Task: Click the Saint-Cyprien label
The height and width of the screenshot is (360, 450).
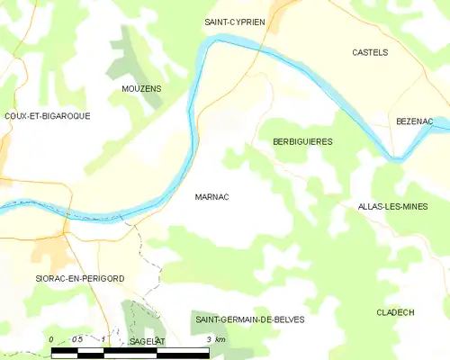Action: pyautogui.click(x=234, y=21)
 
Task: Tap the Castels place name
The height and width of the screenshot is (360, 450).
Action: pyautogui.click(x=370, y=52)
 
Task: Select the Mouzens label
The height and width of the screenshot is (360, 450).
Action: pyautogui.click(x=141, y=89)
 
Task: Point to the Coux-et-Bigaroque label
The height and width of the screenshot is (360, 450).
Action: pyautogui.click(x=47, y=116)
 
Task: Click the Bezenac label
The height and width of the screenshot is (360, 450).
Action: pyautogui.click(x=414, y=120)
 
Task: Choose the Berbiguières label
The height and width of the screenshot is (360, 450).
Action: pyautogui.click(x=302, y=141)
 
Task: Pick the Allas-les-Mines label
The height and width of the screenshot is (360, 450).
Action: pyautogui.click(x=391, y=207)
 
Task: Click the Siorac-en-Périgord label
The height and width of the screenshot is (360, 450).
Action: pyautogui.click(x=79, y=279)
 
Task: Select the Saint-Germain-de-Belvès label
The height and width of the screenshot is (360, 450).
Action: pyautogui.click(x=250, y=319)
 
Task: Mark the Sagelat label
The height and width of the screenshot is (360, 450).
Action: pyautogui.click(x=148, y=342)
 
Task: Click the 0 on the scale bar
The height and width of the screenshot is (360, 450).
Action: pyautogui.click(x=52, y=339)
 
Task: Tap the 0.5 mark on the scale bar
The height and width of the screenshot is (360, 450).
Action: pyautogui.click(x=77, y=339)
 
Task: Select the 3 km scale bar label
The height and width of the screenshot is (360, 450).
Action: pyautogui.click(x=215, y=339)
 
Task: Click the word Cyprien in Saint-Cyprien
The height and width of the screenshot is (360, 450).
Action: pyautogui.click(x=248, y=21)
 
